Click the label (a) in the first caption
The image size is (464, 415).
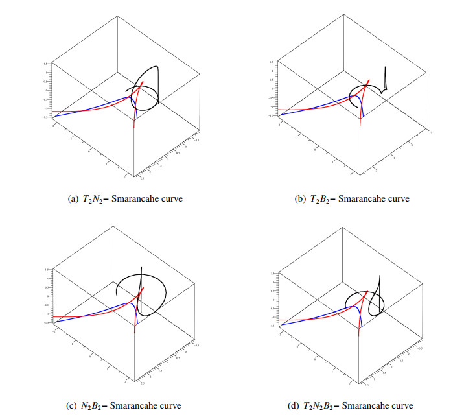[73, 198]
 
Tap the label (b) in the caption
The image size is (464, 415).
[300, 198]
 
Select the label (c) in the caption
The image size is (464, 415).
[73, 406]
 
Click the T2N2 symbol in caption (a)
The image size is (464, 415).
[93, 198]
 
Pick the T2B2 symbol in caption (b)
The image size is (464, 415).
[319, 198]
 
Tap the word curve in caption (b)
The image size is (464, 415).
[398, 198]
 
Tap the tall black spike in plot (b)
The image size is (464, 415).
[384, 78]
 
